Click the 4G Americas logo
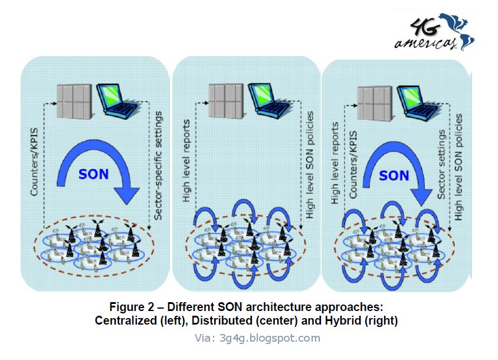click(434, 32)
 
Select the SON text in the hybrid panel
click(394, 175)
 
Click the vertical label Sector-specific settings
click(158, 165)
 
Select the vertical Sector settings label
click(441, 165)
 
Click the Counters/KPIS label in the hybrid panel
click(353, 165)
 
